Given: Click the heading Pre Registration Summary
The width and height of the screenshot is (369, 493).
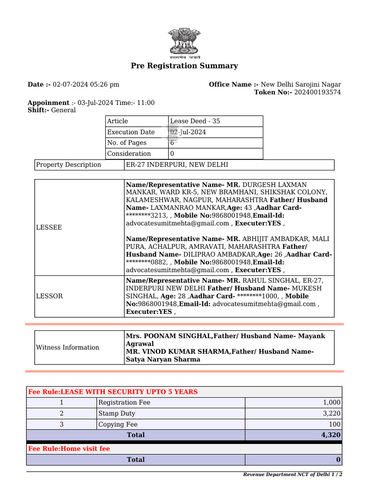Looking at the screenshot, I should [184, 66].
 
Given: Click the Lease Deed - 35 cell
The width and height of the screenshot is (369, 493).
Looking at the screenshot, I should [195, 121].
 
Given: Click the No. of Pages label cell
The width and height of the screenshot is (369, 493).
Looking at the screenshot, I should [127, 143].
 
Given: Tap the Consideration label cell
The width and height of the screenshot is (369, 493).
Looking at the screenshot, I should [129, 154].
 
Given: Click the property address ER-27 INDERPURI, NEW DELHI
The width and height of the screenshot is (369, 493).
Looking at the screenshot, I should [177, 165].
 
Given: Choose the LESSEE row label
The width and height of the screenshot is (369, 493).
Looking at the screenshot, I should [49, 227].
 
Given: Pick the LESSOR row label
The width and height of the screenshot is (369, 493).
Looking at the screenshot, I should [49, 296].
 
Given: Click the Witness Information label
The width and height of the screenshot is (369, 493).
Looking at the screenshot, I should [68, 347].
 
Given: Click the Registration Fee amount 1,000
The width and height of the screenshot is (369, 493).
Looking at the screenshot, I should [332, 402].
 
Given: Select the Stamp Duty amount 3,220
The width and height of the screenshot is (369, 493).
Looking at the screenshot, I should [332, 414].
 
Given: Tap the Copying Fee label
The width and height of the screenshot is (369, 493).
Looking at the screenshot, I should [118, 424].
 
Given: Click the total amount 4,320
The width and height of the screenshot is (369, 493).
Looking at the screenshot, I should [332, 435].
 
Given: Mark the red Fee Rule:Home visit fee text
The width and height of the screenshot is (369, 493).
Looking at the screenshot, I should [69, 449].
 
